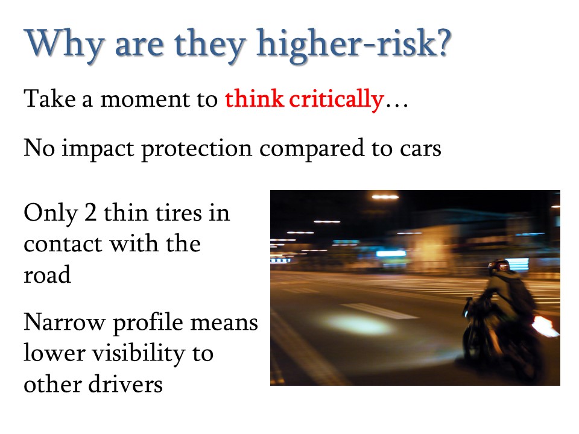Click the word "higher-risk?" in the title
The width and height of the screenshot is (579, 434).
pos(354,45)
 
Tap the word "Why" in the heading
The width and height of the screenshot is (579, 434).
pos(64,45)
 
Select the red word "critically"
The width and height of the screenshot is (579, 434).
pos(337,99)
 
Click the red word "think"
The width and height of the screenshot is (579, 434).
pos(255,99)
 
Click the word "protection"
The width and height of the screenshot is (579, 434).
pos(197,149)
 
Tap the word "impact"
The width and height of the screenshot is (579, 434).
pos(98,149)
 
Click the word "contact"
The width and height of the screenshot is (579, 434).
pos(63,245)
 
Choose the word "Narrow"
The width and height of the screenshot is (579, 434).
pos(65,322)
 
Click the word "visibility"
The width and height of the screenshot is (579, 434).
pos(139,354)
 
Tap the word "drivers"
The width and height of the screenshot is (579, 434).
pos(125,384)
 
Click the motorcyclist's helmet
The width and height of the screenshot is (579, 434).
pos(499,266)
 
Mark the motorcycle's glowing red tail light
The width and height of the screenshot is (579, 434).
pos(543,326)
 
